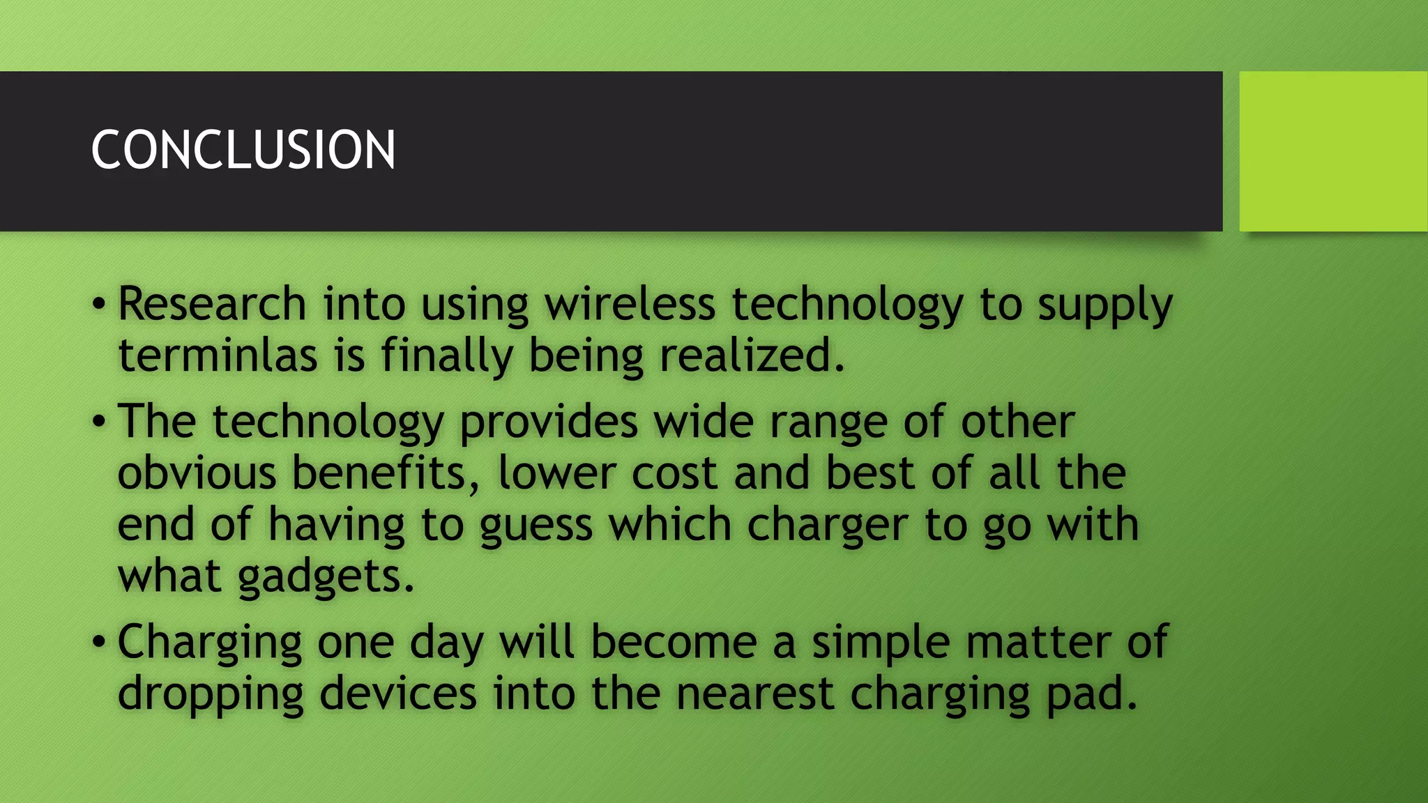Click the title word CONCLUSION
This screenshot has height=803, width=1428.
click(x=243, y=150)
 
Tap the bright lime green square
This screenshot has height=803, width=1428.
click(x=1333, y=151)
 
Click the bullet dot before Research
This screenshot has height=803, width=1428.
click(x=99, y=305)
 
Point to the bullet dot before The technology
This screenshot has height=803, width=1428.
click(x=99, y=422)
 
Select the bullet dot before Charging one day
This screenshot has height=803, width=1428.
click(x=99, y=642)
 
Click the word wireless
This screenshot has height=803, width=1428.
click(x=630, y=305)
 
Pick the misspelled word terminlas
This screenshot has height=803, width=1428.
click(x=218, y=355)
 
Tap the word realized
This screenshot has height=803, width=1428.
click(x=751, y=355)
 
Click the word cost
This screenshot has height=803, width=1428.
click(x=674, y=473)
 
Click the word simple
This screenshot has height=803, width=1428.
click(x=880, y=643)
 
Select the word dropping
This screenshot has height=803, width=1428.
click(x=211, y=694)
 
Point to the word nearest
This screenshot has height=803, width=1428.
click(x=754, y=694)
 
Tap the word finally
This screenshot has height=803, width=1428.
click(x=446, y=355)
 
